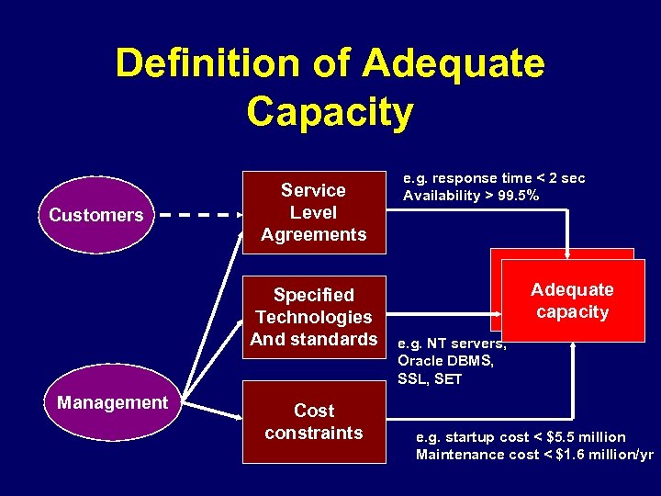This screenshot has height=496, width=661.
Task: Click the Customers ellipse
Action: point(95,215)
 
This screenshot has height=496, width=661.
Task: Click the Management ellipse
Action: point(112,402)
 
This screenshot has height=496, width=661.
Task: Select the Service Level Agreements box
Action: point(313,212)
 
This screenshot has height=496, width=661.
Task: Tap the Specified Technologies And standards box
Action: point(313,317)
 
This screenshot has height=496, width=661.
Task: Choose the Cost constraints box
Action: point(314,422)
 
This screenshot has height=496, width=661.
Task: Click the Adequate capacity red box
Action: point(572,301)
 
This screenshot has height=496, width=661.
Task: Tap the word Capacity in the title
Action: point(330,112)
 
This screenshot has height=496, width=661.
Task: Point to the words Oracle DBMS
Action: point(446,361)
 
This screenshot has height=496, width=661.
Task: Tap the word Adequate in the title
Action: point(453,63)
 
